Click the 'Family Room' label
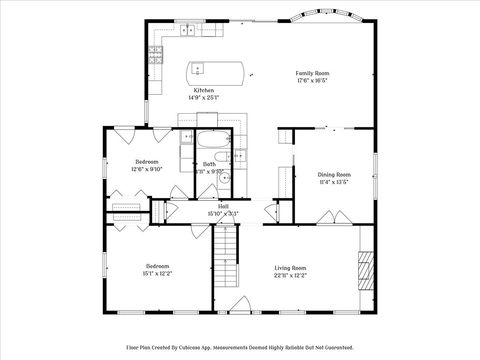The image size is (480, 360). click(312, 73)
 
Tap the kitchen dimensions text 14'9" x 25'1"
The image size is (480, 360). click(203, 97)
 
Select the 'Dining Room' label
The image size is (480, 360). click(334, 174)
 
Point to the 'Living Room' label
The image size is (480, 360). click(291, 267)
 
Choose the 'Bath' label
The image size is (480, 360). click(209, 163)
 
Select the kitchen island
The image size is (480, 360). click(217, 70)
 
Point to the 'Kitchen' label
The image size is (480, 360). click(203, 90)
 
